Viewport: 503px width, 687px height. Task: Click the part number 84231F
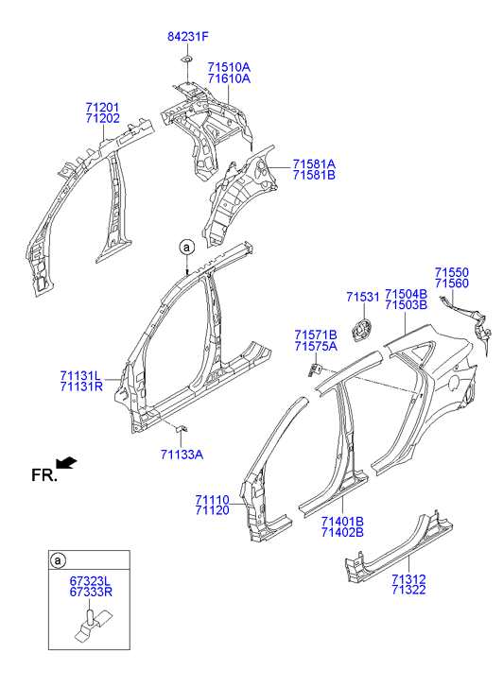[x=188, y=37]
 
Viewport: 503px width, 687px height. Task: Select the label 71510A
[x=229, y=67]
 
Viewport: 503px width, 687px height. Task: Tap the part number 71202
[x=103, y=118]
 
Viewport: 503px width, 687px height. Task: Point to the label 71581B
[x=314, y=175]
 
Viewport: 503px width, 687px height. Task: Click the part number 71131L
[x=80, y=376]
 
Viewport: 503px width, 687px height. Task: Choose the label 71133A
[x=182, y=455]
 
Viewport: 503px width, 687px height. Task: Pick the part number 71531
[x=363, y=297]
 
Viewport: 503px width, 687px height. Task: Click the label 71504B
[x=406, y=294]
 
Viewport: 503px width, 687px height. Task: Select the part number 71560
[x=452, y=283]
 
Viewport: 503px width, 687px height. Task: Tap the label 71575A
[x=316, y=347]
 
